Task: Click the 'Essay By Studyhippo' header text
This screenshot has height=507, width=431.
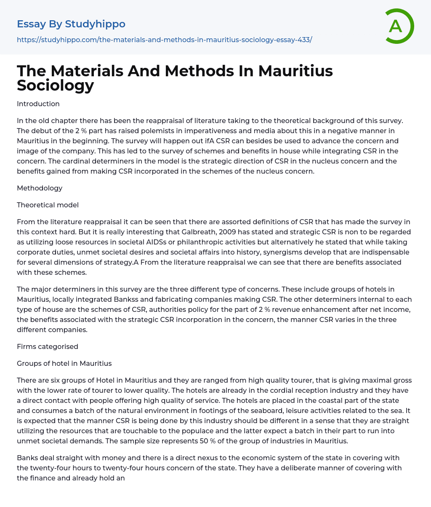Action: (x=71, y=24)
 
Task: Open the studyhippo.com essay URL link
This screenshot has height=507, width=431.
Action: (x=164, y=40)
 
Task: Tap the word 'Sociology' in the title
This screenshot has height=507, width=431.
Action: (x=55, y=85)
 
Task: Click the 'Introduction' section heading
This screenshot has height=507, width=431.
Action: (x=38, y=104)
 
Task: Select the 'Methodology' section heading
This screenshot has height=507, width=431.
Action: (x=40, y=188)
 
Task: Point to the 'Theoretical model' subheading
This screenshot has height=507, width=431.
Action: (x=48, y=205)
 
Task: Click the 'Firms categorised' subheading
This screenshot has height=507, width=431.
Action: (x=48, y=346)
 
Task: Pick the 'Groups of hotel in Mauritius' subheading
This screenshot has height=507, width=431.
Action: (x=64, y=363)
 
